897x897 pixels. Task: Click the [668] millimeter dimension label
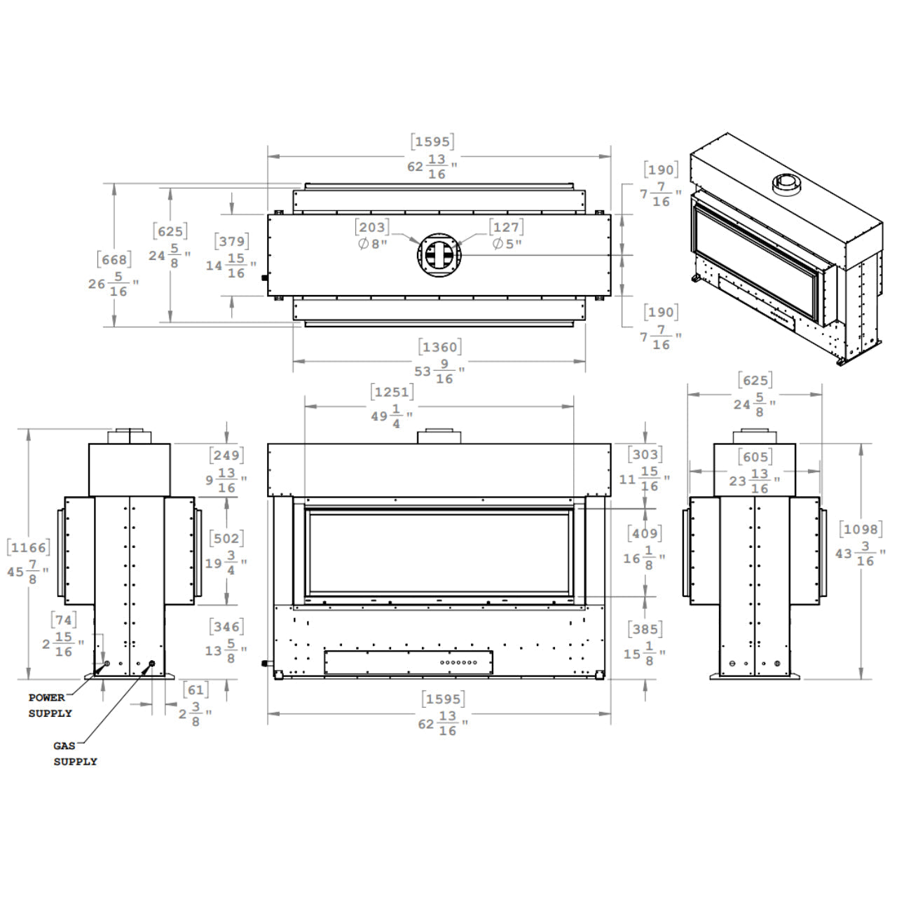tap(114, 260)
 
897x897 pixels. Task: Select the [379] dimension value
tap(232, 241)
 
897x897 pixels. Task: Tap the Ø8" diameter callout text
tap(373, 243)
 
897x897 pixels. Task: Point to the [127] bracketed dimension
tap(506, 227)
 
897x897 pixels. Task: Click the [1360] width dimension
tap(440, 347)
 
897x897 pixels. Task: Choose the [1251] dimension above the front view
tap(392, 392)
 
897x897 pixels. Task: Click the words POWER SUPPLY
tap(49, 705)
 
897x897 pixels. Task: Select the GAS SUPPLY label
tap(75, 753)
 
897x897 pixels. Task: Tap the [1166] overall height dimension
tap(29, 547)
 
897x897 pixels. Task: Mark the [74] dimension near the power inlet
tap(64, 620)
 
